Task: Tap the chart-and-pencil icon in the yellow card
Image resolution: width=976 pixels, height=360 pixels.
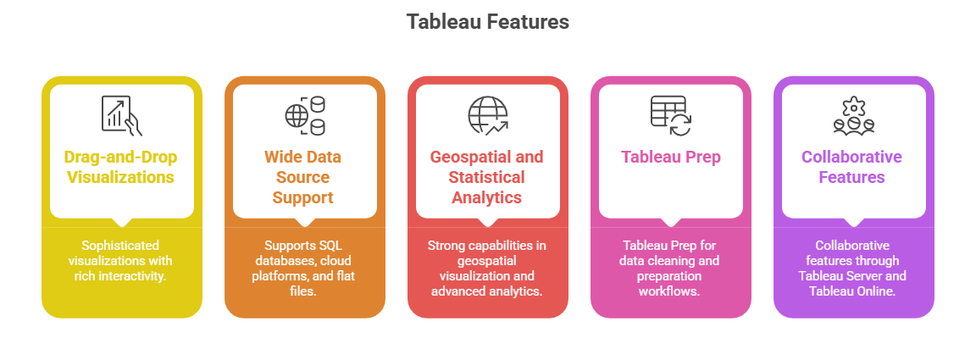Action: point(121,114)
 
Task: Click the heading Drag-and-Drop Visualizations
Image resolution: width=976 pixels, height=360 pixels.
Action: point(121,167)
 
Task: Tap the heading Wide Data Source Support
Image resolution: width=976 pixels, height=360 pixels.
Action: point(304,177)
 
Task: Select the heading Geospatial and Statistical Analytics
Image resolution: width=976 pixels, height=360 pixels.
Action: point(487,177)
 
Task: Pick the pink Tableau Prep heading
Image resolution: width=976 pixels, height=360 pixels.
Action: point(670,157)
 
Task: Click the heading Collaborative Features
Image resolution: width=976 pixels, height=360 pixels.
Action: point(853,167)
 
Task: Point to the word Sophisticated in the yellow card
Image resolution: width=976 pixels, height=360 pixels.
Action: point(121,245)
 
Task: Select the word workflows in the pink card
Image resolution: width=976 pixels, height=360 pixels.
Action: point(670,291)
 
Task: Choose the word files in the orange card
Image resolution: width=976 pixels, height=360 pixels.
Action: point(304,291)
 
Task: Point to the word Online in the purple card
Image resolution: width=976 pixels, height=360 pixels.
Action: point(879,291)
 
